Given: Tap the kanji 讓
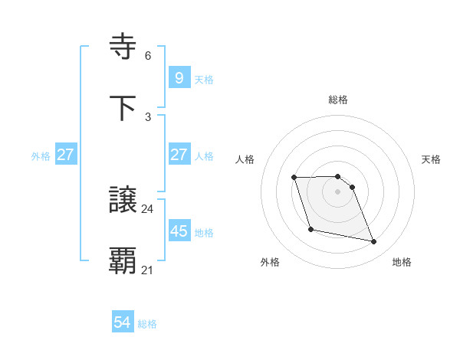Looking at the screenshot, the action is [x=123, y=200].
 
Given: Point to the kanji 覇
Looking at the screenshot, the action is [x=123, y=261].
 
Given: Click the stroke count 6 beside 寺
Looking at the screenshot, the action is [x=148, y=56].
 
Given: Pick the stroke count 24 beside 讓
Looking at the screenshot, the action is [x=148, y=208].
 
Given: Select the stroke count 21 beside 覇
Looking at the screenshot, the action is [x=148, y=270].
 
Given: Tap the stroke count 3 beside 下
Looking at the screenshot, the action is [x=148, y=116].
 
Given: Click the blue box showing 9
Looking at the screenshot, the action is [x=179, y=77].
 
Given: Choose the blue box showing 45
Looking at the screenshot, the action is [x=179, y=231].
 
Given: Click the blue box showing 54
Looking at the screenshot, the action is [x=123, y=322].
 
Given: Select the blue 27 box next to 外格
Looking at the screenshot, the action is [x=66, y=155].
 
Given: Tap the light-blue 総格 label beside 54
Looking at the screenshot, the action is [x=147, y=324].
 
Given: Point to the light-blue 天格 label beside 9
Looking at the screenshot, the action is [x=204, y=79].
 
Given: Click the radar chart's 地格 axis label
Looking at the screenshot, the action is [x=402, y=262].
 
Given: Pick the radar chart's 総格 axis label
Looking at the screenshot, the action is [x=338, y=100].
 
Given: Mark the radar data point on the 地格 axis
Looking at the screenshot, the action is [x=374, y=242].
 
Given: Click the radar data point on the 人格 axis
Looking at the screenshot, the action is [x=294, y=178].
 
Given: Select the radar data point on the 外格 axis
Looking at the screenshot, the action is [x=310, y=229].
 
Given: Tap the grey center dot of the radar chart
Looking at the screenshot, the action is [x=338, y=191].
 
